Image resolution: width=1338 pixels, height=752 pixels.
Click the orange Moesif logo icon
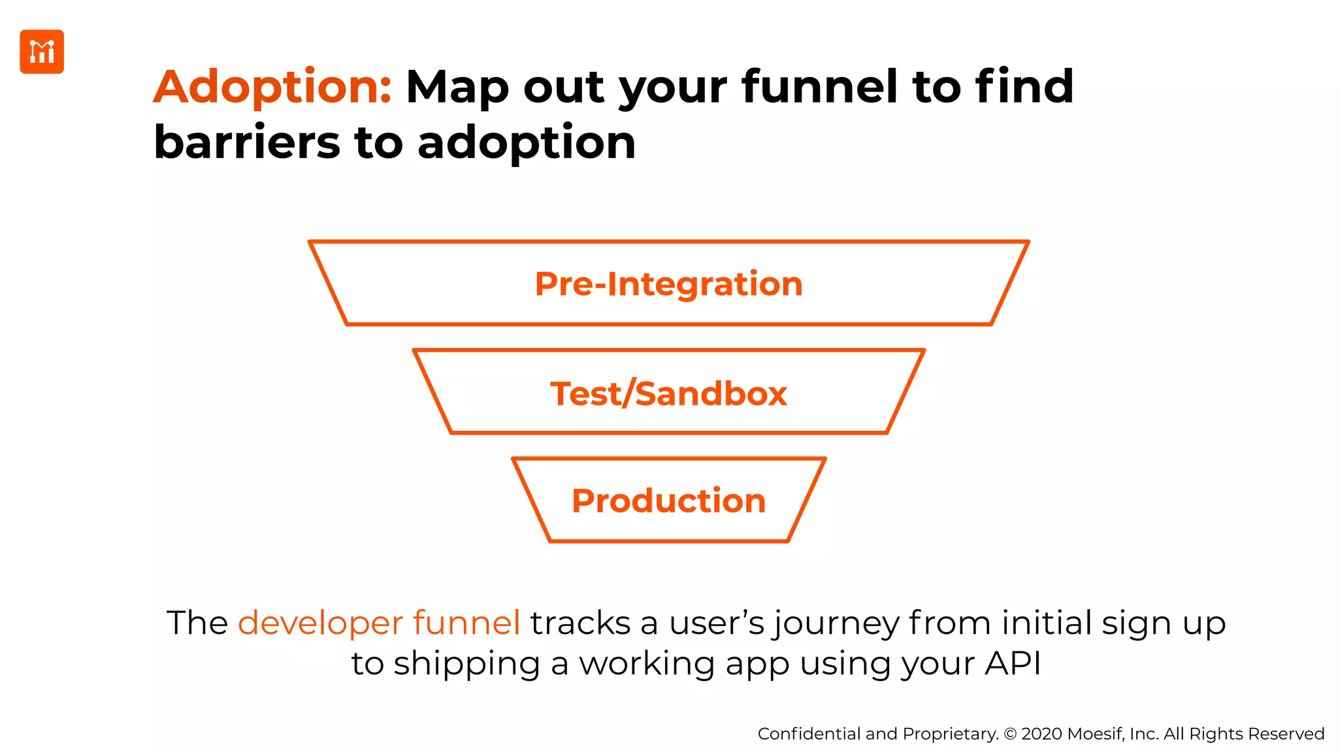point(42,52)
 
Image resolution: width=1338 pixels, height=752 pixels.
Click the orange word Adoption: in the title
point(272,87)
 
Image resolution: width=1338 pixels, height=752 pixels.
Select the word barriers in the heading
point(247,143)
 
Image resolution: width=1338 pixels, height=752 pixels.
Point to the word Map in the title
point(457,88)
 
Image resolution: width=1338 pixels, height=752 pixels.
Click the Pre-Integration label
point(668,284)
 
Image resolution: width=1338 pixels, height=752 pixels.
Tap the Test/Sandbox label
point(668,394)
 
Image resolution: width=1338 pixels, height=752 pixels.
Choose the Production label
point(668,501)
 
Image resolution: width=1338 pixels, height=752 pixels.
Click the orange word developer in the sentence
point(320,623)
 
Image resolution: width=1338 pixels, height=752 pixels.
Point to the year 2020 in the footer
point(1041,734)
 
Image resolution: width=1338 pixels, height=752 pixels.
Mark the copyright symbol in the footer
point(1010,734)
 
